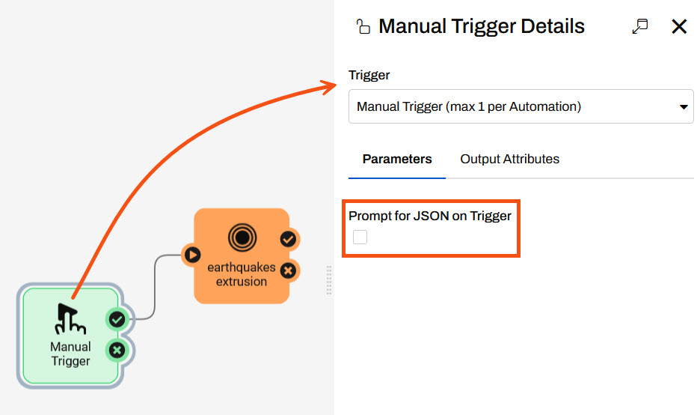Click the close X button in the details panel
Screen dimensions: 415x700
point(678,27)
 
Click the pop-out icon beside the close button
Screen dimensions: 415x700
point(639,27)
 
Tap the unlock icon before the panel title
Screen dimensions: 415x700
point(363,28)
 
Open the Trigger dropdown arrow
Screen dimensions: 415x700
point(683,107)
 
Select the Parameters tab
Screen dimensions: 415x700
point(397,159)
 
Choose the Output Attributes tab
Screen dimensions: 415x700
point(509,159)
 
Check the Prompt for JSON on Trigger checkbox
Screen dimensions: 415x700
point(360,237)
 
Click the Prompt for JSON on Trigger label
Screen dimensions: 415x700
point(430,216)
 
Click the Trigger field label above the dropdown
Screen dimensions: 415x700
point(369,75)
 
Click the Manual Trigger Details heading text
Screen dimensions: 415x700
point(482,27)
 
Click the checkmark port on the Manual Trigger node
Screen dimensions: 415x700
point(117,320)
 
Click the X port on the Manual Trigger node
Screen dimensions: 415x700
point(117,349)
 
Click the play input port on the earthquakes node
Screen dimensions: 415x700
point(192,255)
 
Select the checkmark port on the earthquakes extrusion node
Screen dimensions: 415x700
point(288,240)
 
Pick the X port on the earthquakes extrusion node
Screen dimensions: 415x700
point(288,270)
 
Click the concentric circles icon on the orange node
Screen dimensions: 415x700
point(242,238)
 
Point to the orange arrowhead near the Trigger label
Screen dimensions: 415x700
point(330,86)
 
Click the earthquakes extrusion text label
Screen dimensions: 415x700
point(242,274)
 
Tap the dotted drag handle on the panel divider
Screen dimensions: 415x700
point(329,280)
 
